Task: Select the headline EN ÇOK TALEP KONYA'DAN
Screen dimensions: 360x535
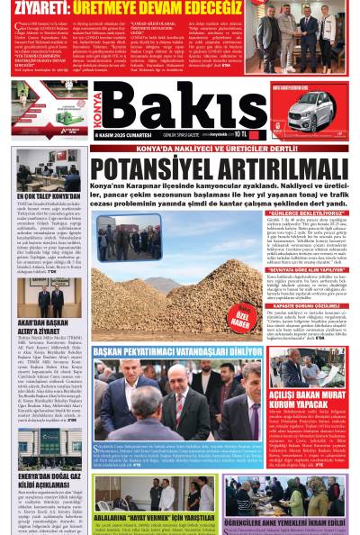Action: pyautogui.click(x=49, y=195)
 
